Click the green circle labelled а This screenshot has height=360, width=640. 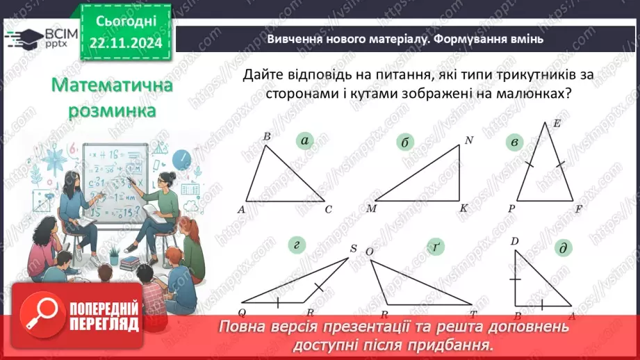tap(304, 141)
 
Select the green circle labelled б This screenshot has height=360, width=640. tap(406, 143)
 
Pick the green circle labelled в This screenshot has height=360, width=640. tap(514, 143)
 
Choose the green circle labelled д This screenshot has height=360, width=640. tap(561, 248)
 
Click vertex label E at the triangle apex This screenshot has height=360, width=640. tap(556, 124)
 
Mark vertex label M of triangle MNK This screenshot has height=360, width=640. tap(370, 208)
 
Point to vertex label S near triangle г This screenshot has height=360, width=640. tap(353, 249)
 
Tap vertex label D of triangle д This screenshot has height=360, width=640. tap(514, 241)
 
